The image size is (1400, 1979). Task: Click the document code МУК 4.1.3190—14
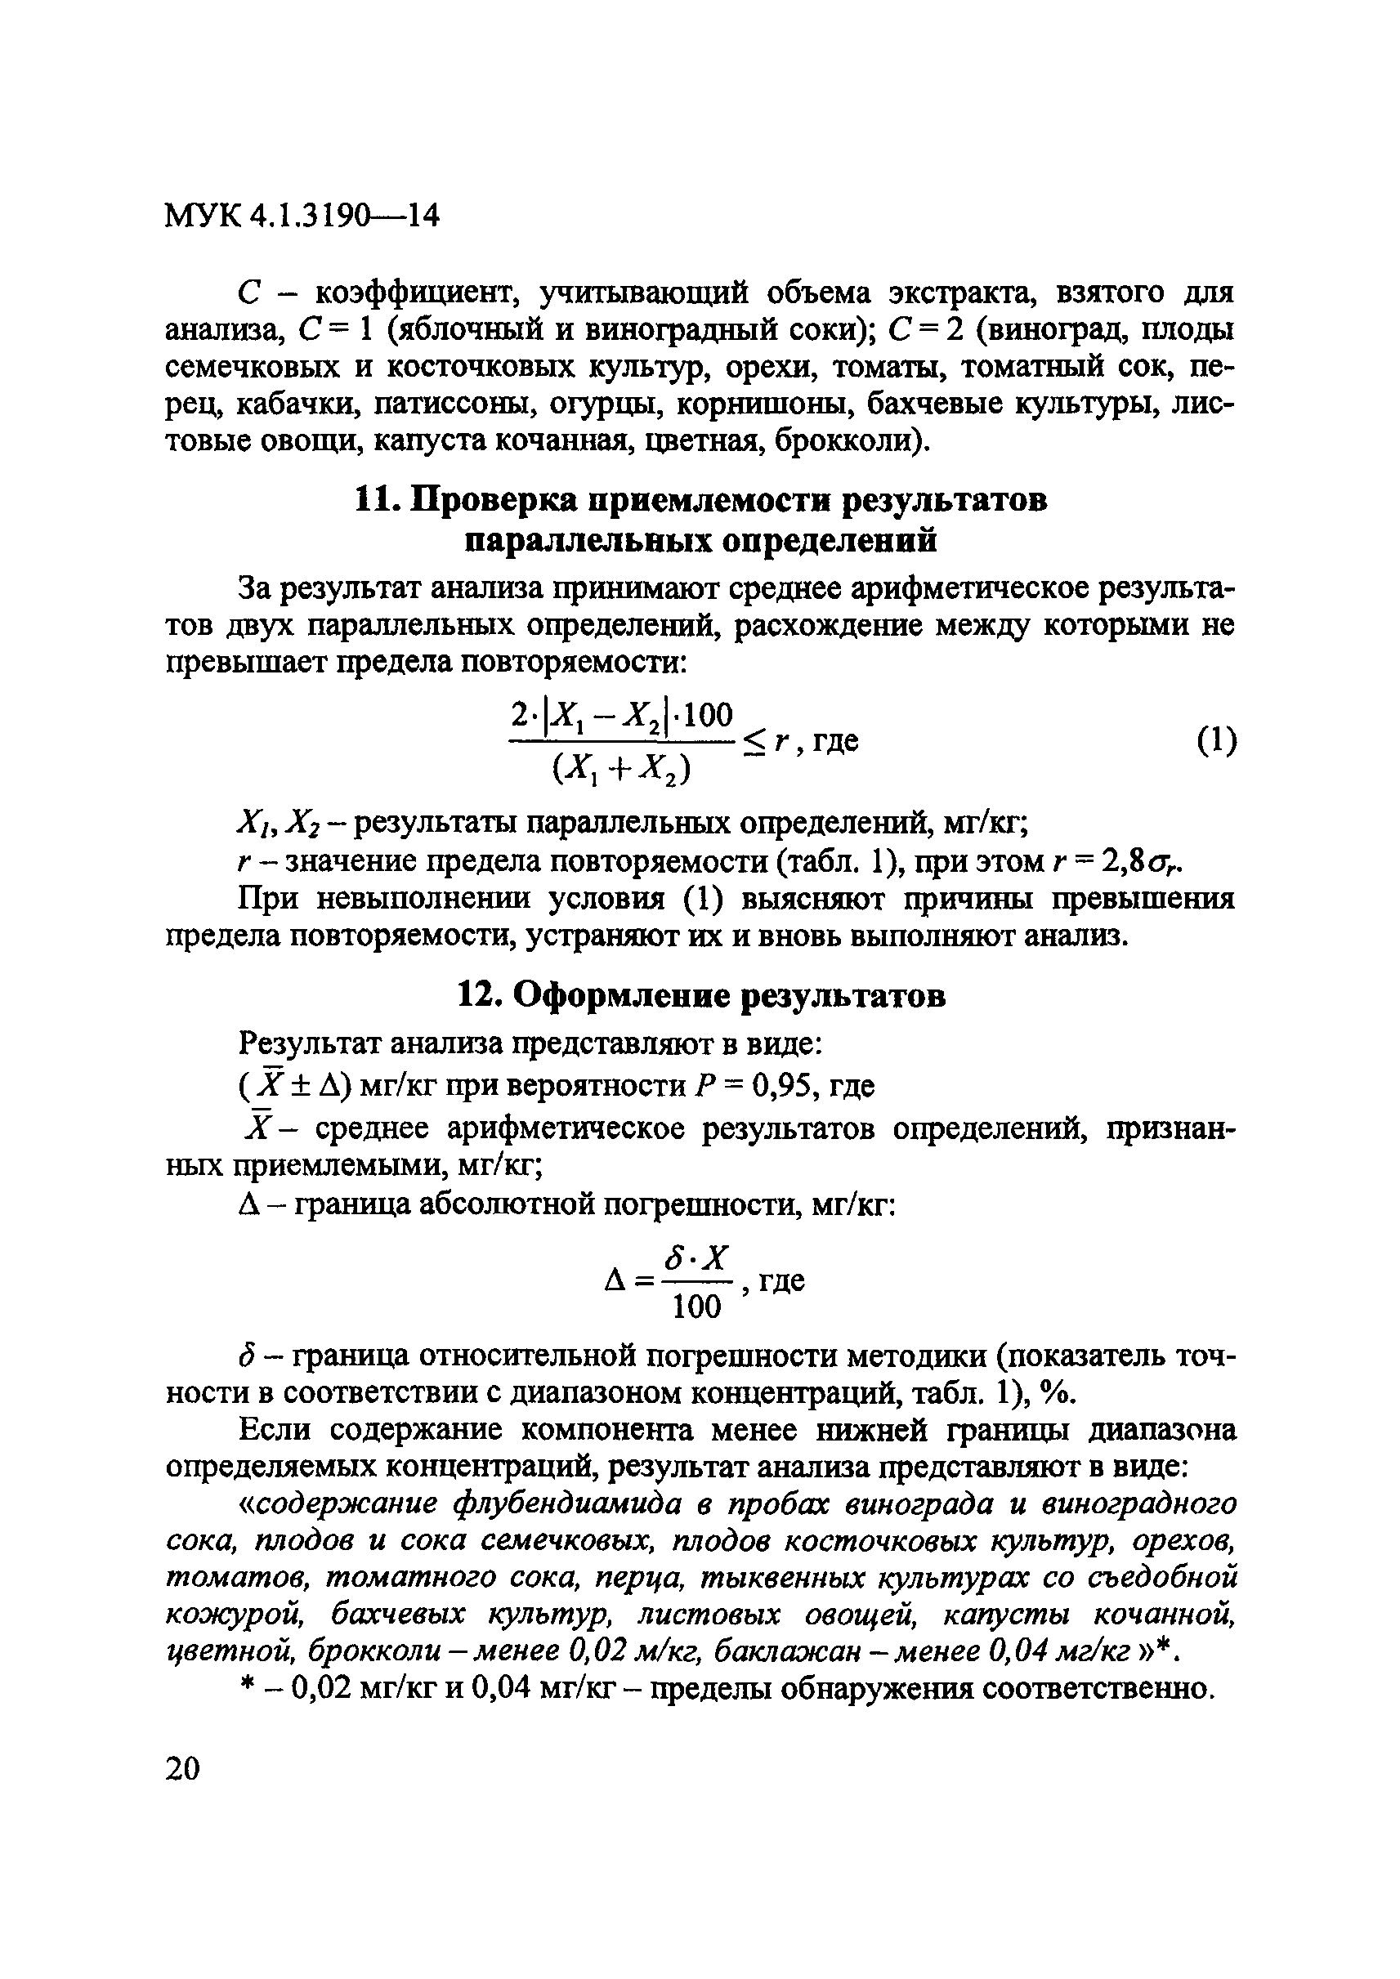point(302,217)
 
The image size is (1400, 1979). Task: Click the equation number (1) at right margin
point(1215,740)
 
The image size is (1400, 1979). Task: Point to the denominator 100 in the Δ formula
point(695,1307)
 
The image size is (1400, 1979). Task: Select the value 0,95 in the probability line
point(785,1087)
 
